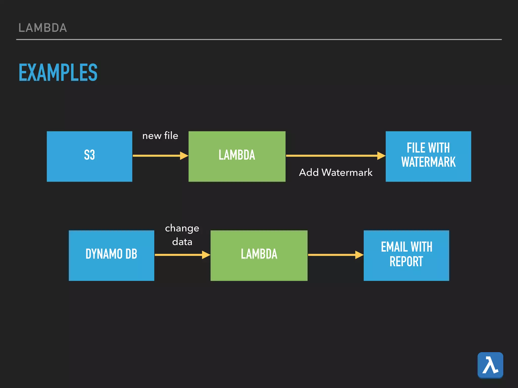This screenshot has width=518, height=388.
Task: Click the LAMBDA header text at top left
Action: point(42,28)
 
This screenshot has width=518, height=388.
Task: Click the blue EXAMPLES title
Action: point(58,72)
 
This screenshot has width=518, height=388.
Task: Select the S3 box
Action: point(89,156)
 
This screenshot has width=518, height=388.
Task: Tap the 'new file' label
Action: point(160,136)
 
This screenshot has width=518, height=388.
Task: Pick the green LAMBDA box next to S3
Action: point(237,156)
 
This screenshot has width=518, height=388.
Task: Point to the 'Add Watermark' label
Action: point(335,173)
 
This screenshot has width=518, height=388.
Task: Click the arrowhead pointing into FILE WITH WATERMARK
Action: point(381,156)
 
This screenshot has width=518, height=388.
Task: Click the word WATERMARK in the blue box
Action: point(428,162)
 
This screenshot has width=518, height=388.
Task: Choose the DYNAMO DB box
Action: point(111,255)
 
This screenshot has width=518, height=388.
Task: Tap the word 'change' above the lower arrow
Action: point(182,228)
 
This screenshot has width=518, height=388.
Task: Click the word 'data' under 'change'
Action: point(182,242)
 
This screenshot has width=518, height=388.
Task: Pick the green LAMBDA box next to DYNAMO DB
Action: point(259,255)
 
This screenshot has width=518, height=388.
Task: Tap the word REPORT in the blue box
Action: point(406,262)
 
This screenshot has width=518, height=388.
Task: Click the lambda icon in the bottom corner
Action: point(490,365)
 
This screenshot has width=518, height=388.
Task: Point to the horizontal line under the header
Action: point(259,39)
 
